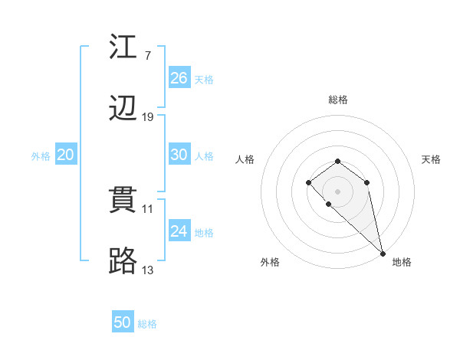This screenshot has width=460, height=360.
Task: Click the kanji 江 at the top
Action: [x=123, y=47]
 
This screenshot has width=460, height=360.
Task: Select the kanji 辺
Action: [x=123, y=109]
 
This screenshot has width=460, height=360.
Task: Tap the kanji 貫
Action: [x=123, y=201]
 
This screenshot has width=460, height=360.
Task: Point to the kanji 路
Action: [x=123, y=262]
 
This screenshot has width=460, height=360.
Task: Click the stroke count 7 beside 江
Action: [x=147, y=55]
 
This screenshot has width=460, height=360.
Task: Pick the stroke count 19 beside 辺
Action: [x=148, y=116]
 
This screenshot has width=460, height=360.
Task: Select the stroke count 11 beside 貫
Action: [x=148, y=208]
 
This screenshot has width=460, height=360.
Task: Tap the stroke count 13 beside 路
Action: [x=148, y=270]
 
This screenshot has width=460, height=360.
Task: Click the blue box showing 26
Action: [x=179, y=78]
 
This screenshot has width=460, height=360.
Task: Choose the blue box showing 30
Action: [x=179, y=155]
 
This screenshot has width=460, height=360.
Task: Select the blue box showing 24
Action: [x=179, y=231]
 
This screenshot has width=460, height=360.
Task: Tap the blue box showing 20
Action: [x=66, y=155]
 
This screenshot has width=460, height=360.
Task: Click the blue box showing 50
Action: [x=123, y=322]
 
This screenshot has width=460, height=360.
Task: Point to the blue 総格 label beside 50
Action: [x=147, y=324]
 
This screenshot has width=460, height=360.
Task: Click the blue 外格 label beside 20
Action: [x=41, y=156]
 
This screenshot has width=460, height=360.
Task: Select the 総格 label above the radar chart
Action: [x=338, y=100]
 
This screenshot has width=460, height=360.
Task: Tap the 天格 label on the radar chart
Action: [x=431, y=159]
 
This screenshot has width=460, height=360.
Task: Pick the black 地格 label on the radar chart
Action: [x=402, y=263]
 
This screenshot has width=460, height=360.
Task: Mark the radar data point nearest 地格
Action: [x=383, y=254]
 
